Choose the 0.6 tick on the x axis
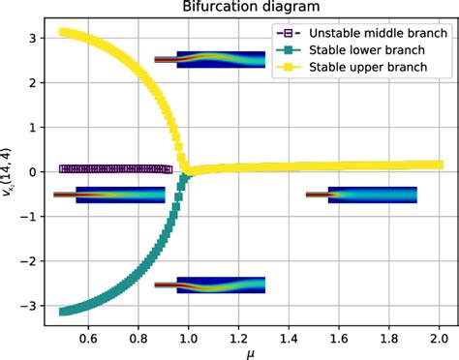[88, 340]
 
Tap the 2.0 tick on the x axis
[439, 340]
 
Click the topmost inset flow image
[221, 60]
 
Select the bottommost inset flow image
[221, 285]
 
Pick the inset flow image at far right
[373, 195]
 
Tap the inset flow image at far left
[120, 195]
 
